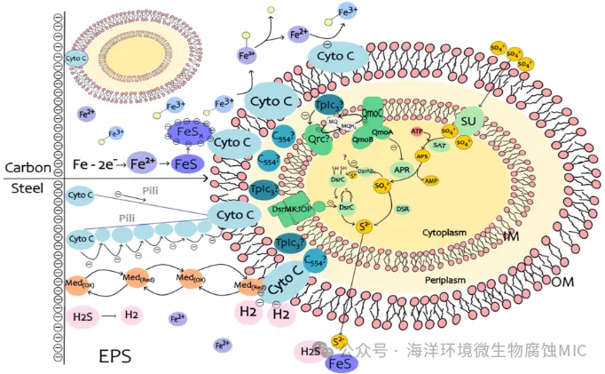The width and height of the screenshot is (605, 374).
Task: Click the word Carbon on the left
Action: point(27,167)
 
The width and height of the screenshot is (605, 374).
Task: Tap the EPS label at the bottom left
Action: point(115,355)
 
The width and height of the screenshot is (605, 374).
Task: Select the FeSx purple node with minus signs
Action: point(188,133)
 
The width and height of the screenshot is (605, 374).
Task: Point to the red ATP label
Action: point(417,131)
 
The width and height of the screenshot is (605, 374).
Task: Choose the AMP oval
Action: point(431,181)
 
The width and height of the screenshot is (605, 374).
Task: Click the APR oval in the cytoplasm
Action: point(402,169)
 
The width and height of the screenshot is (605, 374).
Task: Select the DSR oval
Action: point(402,209)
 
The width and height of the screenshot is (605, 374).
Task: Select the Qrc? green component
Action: point(317,139)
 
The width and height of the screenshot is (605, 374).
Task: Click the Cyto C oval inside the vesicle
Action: point(76,58)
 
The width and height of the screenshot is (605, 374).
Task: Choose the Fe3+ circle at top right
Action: point(346,12)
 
